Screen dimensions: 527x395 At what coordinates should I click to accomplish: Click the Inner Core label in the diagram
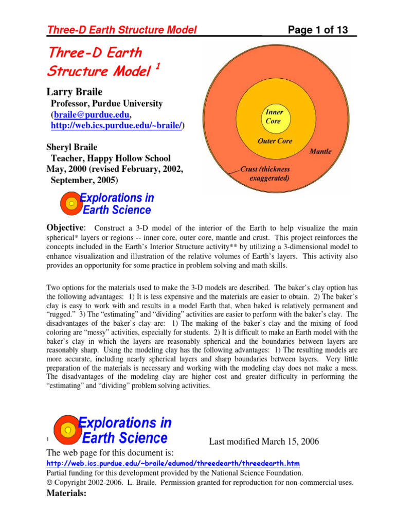coord(274,117)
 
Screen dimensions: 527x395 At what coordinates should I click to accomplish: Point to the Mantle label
coord(320,152)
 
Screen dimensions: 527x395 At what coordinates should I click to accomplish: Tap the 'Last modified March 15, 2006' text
coord(263,441)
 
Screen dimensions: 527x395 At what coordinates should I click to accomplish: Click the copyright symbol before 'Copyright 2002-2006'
coord(49,483)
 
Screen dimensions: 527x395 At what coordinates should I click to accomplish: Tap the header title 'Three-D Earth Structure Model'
coord(122,31)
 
